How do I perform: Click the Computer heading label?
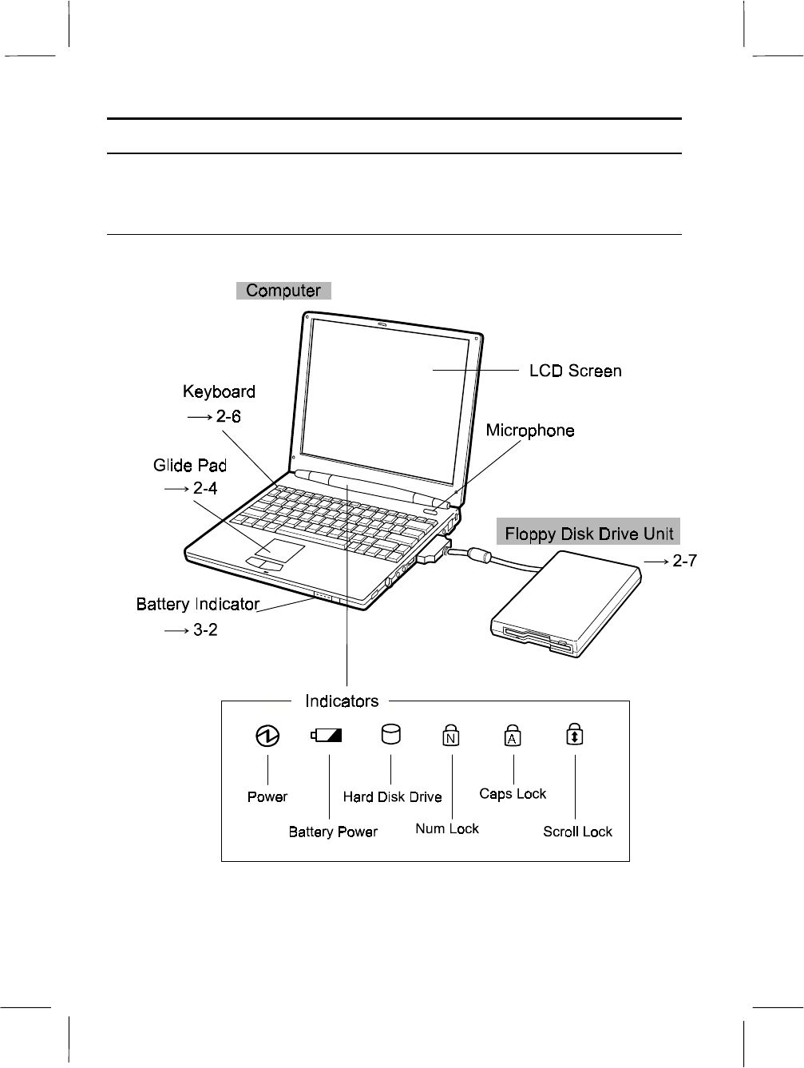[283, 291]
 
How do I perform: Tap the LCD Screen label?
[575, 371]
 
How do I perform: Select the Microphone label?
[530, 431]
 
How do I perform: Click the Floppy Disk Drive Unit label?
[588, 533]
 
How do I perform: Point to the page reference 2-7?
[683, 562]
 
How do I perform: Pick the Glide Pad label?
[190, 465]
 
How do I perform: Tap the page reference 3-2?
[205, 629]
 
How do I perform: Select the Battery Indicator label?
[198, 604]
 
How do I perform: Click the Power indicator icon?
[267, 736]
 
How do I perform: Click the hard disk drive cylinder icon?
[390, 735]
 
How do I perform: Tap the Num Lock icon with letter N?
[451, 736]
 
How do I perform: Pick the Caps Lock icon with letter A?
[513, 736]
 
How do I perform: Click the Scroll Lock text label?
[577, 832]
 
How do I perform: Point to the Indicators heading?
[342, 701]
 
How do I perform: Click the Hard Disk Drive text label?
[392, 796]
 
